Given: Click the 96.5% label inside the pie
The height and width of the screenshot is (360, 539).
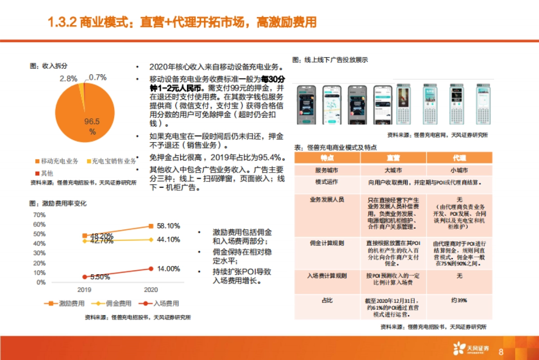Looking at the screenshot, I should tap(92, 126).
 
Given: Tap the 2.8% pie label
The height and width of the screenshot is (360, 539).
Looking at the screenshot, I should tap(69, 78).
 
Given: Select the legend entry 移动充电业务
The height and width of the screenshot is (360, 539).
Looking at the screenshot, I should tap(57, 161).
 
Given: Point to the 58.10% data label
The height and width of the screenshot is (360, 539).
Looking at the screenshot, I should tap(168, 226).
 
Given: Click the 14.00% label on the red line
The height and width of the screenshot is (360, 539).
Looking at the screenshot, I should tap(168, 269).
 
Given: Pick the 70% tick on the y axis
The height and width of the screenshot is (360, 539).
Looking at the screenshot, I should tap(39, 215).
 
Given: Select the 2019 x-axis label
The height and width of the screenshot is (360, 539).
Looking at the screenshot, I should tap(84, 290).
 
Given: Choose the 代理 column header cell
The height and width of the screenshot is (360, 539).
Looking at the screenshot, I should tap(459, 158).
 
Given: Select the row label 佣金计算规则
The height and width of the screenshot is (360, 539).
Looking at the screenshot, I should tap(327, 243).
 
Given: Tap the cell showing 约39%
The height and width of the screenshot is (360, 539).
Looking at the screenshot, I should tap(459, 300).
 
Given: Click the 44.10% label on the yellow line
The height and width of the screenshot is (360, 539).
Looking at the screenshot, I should tap(168, 240).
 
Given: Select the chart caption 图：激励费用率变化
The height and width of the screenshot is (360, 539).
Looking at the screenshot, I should tap(57, 204).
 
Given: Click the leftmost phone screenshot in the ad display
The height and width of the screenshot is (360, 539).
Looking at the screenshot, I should tap(306, 105).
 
